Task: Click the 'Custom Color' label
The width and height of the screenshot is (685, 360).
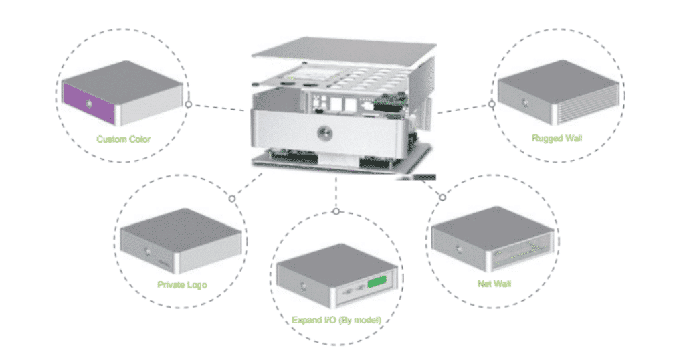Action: tap(124, 140)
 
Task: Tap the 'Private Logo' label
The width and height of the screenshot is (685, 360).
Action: tap(182, 285)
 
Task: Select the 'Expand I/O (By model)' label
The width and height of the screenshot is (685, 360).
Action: tap(336, 321)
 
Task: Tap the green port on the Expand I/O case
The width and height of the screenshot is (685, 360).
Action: tap(379, 280)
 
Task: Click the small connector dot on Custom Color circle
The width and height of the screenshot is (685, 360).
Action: tap(189, 105)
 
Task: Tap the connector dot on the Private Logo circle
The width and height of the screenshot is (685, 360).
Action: tap(232, 198)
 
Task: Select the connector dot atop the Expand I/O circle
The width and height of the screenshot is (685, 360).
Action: tap(336, 212)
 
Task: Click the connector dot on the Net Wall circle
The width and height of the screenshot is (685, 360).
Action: tap(442, 197)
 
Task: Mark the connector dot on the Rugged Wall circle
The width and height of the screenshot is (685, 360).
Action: tap(492, 104)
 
